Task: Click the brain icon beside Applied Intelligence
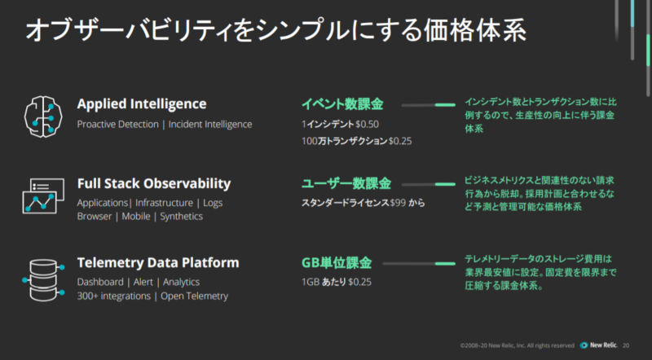(43, 116)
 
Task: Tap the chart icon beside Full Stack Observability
(43, 196)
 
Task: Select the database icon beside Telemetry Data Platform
(43, 279)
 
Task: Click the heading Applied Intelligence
(142, 104)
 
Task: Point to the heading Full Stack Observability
(154, 183)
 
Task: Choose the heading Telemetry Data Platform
(158, 263)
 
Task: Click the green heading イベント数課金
(342, 104)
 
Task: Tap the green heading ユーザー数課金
(346, 183)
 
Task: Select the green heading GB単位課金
(337, 263)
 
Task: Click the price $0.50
(368, 125)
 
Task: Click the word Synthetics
(181, 217)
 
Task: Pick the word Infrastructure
(165, 203)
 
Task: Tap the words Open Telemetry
(195, 296)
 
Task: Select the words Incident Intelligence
(210, 125)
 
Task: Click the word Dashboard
(100, 282)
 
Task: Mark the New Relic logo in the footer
(598, 345)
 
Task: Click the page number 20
(626, 345)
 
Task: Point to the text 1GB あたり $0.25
(337, 282)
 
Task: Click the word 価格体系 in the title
(475, 30)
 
